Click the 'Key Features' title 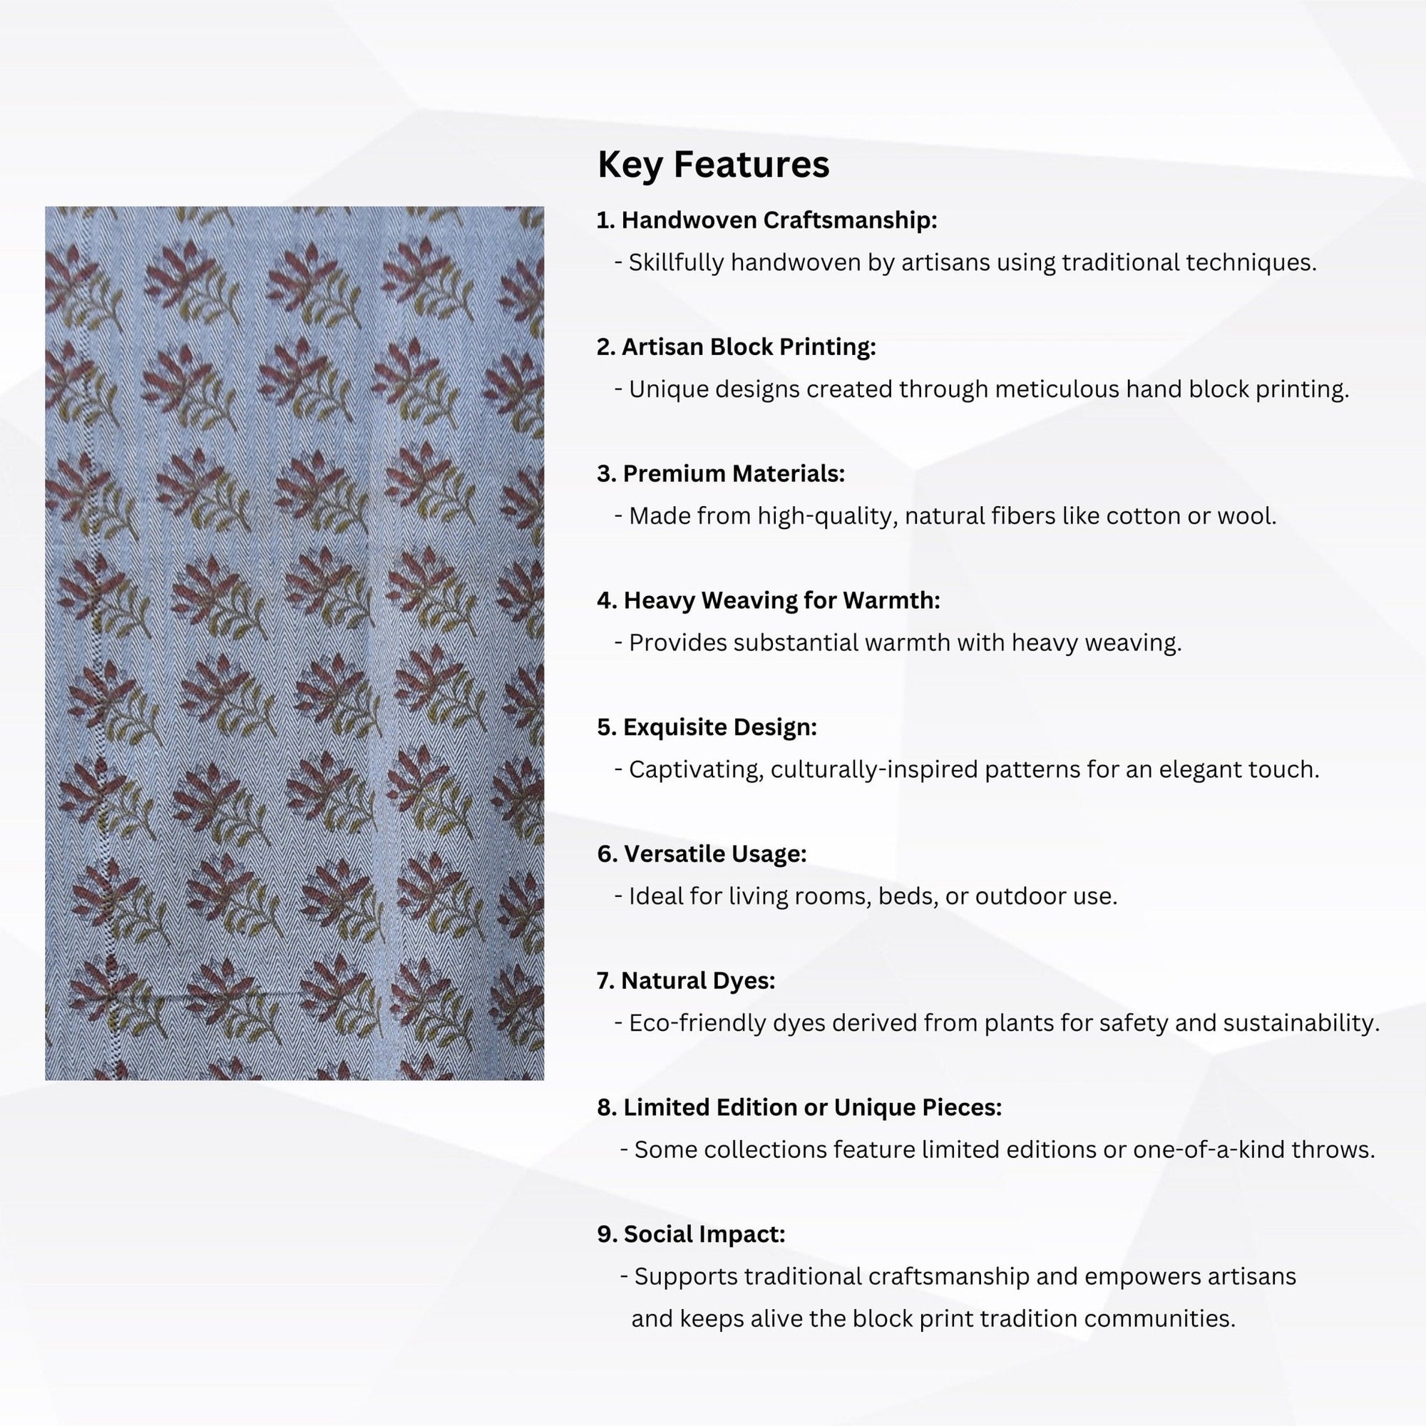(x=713, y=164)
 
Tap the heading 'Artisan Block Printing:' (x=736, y=347)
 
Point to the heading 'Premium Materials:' (x=720, y=474)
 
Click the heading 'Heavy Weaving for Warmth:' (x=769, y=601)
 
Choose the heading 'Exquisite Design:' (x=707, y=728)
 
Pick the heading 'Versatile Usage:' (x=701, y=854)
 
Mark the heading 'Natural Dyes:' (x=686, y=981)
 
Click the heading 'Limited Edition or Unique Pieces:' (x=799, y=1108)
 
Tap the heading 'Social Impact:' (x=691, y=1234)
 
